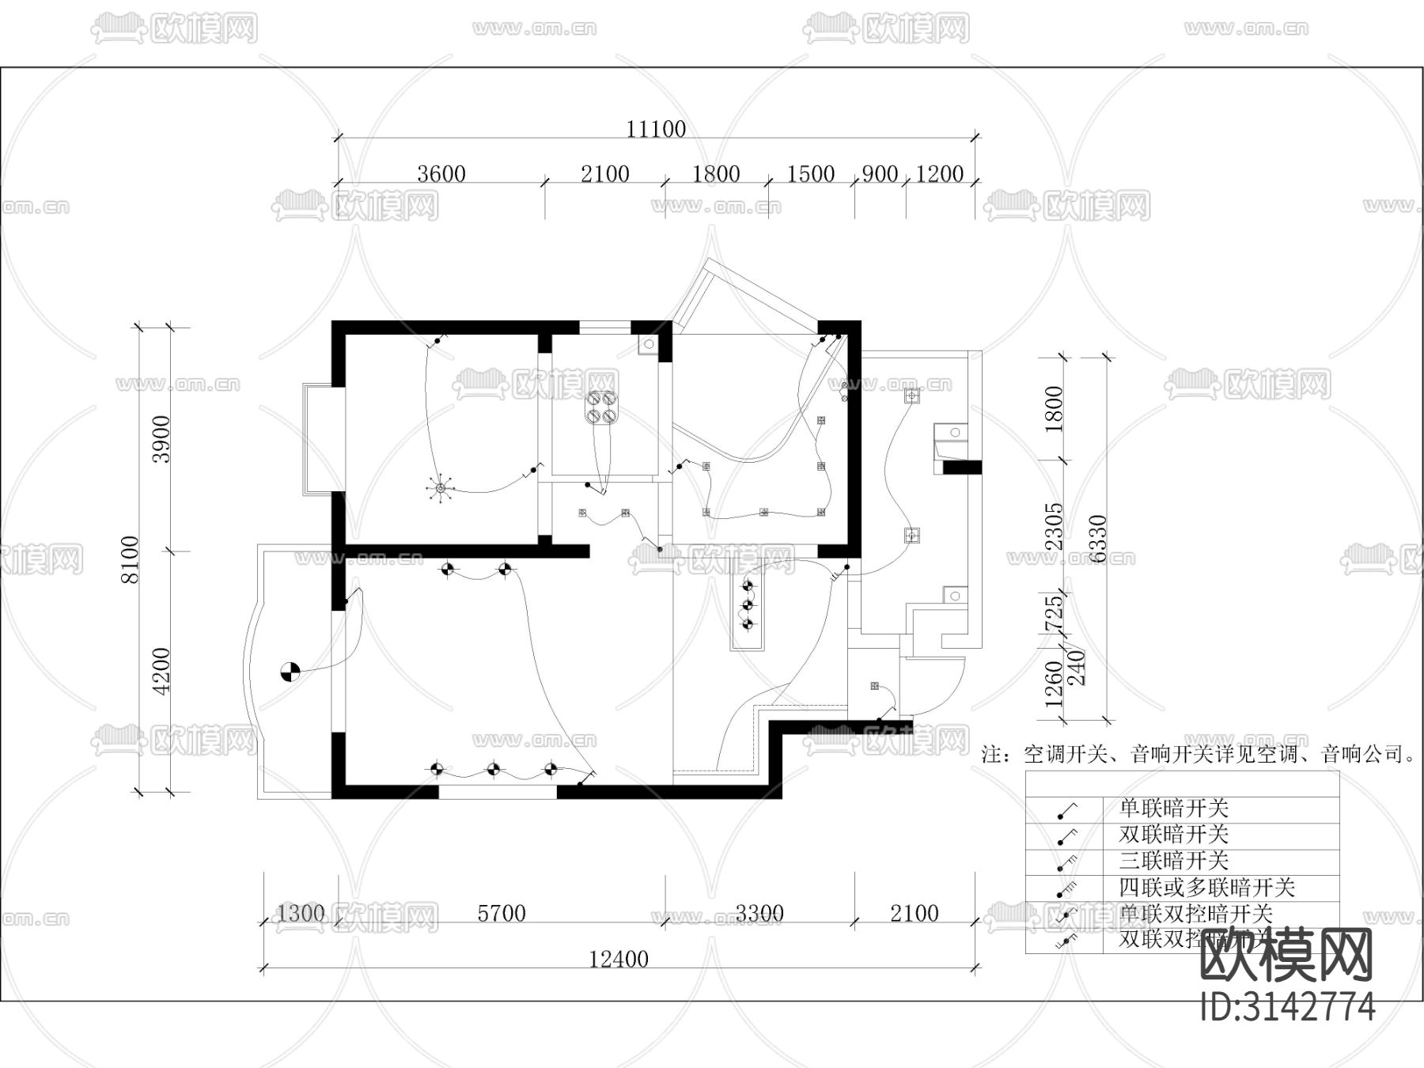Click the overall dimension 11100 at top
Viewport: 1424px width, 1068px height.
[656, 129]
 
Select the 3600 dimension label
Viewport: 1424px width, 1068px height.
[441, 173]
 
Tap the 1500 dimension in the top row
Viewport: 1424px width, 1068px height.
[811, 173]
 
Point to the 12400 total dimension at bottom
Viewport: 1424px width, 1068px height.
[619, 959]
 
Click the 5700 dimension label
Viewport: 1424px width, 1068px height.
[502, 913]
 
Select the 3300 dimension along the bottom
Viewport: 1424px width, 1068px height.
[759, 913]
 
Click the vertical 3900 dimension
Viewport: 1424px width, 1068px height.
[161, 439]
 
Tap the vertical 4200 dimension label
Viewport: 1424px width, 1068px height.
[161, 671]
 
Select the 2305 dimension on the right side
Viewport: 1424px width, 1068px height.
[1055, 527]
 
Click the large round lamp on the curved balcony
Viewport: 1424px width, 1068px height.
[290, 672]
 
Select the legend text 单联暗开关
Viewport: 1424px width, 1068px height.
[1173, 808]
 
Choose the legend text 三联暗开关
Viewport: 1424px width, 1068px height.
[1173, 861]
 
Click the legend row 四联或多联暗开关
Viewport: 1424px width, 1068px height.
[1206, 887]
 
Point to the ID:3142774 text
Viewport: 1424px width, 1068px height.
[1288, 1007]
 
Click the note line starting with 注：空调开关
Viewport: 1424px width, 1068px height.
[1199, 754]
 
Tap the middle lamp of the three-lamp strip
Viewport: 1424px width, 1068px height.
[748, 605]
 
